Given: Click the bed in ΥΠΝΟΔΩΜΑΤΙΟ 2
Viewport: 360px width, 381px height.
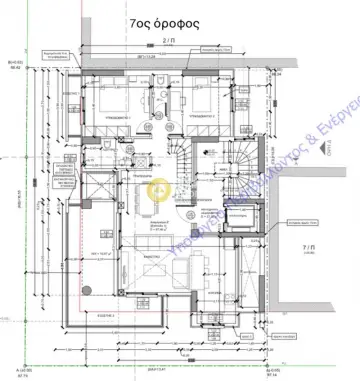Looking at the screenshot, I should tap(200, 100).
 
